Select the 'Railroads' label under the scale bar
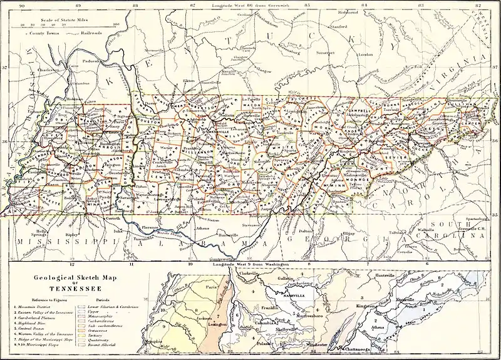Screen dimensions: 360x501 coord(70,31)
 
